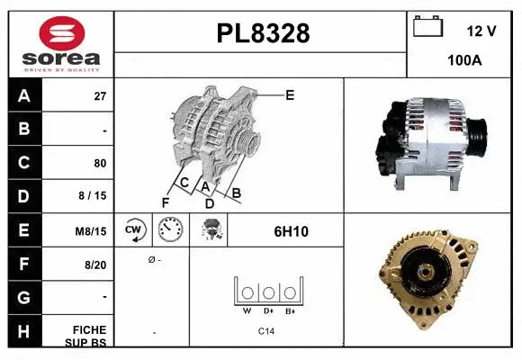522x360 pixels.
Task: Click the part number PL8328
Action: (263, 34)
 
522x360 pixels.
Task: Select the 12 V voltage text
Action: (481, 31)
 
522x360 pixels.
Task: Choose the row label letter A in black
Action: (24, 96)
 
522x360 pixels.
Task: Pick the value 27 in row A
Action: (100, 96)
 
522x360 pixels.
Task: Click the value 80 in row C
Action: (99, 164)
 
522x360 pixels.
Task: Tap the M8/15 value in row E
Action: (92, 231)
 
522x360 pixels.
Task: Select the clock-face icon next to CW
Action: (171, 230)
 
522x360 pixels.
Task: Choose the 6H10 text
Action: (291, 231)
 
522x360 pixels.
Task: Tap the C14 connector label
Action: (265, 332)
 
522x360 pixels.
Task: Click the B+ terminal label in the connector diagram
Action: (290, 311)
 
